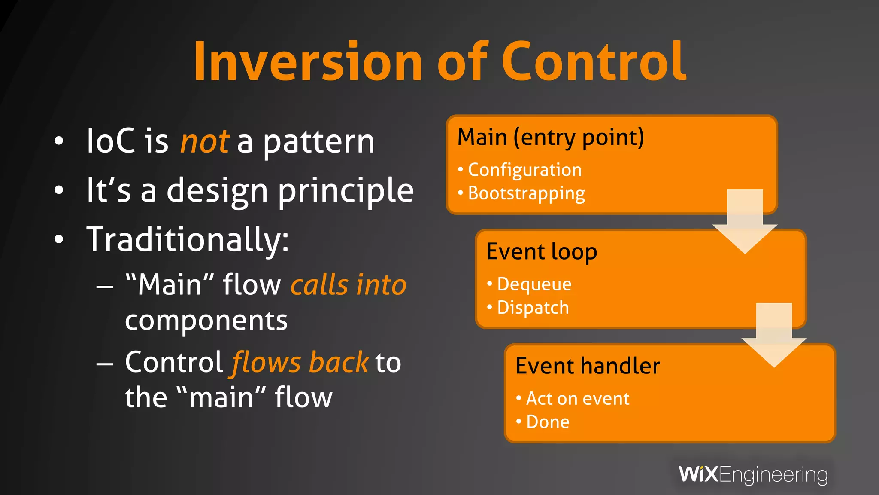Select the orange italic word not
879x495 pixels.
[x=205, y=141]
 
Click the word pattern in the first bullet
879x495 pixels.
[x=318, y=143]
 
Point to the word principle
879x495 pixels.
[x=346, y=191]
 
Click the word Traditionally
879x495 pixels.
[x=188, y=240]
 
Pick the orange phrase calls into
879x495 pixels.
[x=348, y=285]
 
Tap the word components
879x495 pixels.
[x=206, y=321]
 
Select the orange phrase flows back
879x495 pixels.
[x=300, y=362]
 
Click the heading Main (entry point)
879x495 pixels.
[x=551, y=138]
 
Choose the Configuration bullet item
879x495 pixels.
[x=524, y=170]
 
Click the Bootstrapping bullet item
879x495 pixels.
[x=526, y=194]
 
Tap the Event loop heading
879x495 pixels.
[x=542, y=252]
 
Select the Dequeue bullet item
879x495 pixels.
[x=534, y=284]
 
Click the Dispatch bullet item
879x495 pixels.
[x=533, y=308]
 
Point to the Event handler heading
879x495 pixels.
[x=588, y=366]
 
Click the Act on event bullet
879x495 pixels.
[x=577, y=399]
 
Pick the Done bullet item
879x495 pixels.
[x=548, y=422]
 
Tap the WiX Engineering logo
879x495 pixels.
[x=753, y=475]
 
